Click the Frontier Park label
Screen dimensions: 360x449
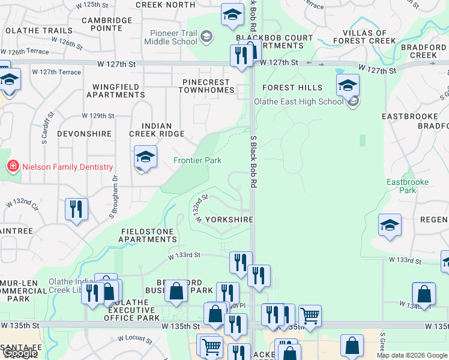(197, 160)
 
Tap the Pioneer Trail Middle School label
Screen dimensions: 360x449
(170, 37)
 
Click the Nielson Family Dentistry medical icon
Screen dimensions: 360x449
(11, 166)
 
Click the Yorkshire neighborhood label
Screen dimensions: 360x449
(229, 220)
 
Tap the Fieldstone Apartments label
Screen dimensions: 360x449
(148, 235)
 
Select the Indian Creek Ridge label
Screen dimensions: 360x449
(157, 130)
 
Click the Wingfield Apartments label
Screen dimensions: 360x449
(115, 91)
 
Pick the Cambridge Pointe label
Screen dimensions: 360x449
(107, 24)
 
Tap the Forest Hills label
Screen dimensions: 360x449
(292, 88)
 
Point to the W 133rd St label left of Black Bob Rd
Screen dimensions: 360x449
(184, 255)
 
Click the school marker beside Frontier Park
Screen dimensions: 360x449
(145, 158)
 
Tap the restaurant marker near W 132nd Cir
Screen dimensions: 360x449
(77, 209)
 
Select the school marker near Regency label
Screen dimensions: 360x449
(390, 226)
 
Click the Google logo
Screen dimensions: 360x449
(19, 353)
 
